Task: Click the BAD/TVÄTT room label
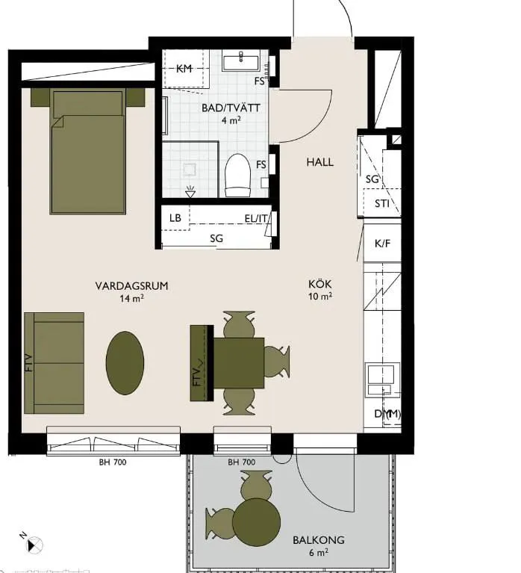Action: coord(231,108)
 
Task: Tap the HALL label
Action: coord(319,162)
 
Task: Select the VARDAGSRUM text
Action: coord(132,286)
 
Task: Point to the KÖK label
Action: coord(319,284)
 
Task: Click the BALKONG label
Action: coord(319,539)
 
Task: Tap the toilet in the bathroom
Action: coord(237,175)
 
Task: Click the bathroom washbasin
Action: coord(241,63)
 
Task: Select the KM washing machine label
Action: coord(184,68)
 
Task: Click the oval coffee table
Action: coord(125,363)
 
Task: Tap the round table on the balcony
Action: coord(256,522)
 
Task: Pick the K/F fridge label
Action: coord(382,244)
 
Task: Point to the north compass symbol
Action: coord(34,544)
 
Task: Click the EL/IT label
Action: coord(256,219)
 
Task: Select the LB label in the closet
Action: coord(175,218)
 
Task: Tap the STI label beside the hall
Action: coord(382,203)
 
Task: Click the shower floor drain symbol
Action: coord(190,191)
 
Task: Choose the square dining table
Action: coord(238,363)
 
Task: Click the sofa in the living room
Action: coord(54,363)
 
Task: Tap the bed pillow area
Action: coord(87,103)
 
